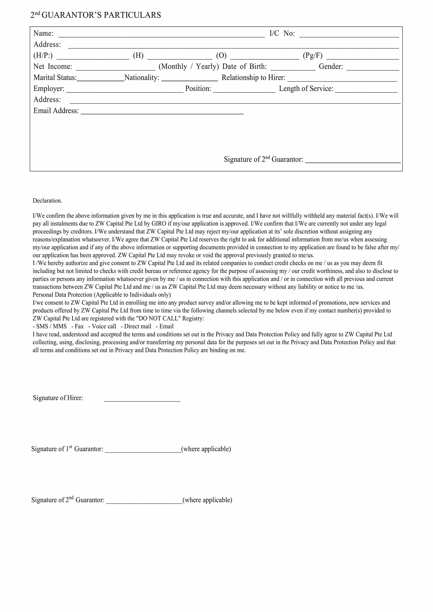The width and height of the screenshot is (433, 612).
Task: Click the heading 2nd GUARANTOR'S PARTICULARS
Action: pos(96,15)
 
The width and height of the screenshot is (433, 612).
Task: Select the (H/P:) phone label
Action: pos(43,55)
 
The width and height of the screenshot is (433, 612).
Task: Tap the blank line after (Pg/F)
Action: pos(362,57)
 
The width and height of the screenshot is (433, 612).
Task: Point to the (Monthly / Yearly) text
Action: pos(188,66)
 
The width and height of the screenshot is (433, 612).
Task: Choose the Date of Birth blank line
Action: pos(293,68)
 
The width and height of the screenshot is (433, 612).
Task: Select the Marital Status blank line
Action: pos(101,79)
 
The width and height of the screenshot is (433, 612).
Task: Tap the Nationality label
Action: pos(142,78)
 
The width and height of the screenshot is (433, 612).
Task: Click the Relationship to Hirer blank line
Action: pos(342,79)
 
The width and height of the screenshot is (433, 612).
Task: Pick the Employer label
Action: pos(49,88)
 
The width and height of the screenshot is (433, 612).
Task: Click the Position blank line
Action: pos(244,90)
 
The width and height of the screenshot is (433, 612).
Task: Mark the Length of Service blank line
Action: pos(366,90)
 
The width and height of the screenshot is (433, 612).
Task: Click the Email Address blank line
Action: pos(162,112)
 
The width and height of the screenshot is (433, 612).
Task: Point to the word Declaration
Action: pos(47,201)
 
